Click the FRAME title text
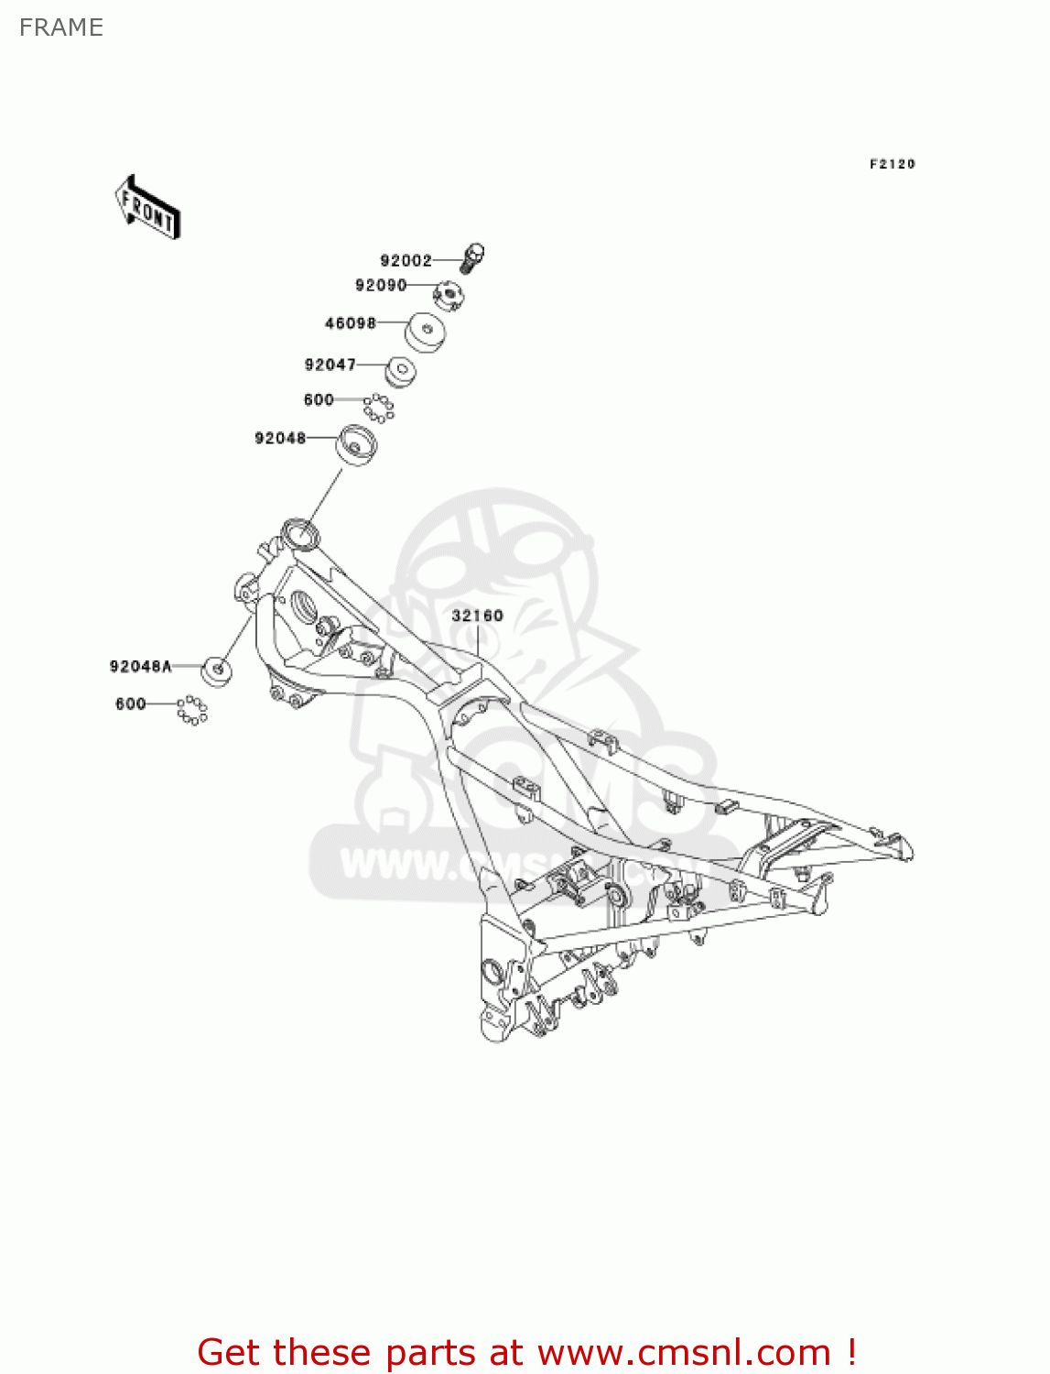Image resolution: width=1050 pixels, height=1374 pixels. tap(61, 27)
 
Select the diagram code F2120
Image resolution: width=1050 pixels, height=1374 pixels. tap(892, 164)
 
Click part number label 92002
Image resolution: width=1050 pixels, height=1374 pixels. tap(406, 260)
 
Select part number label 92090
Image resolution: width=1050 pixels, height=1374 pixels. tap(381, 285)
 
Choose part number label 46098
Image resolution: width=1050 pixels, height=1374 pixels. tap(351, 322)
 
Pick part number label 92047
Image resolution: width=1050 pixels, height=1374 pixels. tap(330, 365)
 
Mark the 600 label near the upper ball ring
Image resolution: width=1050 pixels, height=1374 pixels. tap(319, 399)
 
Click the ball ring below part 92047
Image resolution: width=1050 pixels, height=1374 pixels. tap(378, 408)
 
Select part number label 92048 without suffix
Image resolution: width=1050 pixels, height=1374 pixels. tap(280, 438)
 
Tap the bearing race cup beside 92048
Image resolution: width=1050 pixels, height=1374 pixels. tap(357, 446)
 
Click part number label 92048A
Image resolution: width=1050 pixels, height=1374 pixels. tap(141, 666)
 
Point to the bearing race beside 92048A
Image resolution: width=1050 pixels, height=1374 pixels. tap(217, 671)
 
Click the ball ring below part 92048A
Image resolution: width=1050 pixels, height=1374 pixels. tap(192, 710)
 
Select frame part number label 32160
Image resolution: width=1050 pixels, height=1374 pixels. tap(477, 616)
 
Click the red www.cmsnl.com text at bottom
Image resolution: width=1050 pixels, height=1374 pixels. tap(683, 1352)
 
